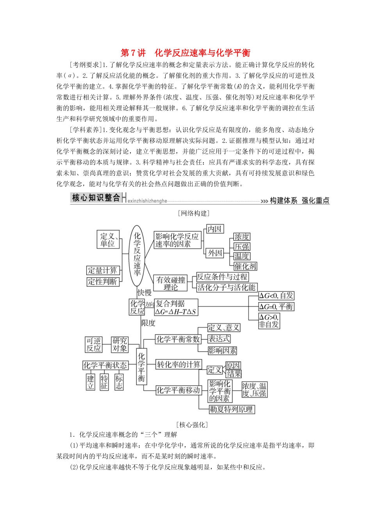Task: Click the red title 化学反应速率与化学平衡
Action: (202, 53)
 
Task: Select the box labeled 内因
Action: (214, 229)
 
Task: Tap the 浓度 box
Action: (242, 237)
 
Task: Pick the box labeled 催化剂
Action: (245, 266)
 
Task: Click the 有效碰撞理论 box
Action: (171, 283)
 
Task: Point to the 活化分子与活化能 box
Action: (226, 287)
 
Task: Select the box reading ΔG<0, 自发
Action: (276, 296)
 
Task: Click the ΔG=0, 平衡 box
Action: (276, 306)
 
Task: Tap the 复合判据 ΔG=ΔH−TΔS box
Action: (176, 307)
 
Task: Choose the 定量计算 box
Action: (102, 270)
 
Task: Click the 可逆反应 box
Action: (94, 345)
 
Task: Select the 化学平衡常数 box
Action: (178, 339)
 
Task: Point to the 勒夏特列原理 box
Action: (232, 409)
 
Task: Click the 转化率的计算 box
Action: (178, 365)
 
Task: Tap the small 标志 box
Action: (119, 382)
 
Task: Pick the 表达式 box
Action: (219, 339)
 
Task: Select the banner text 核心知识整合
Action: (96, 198)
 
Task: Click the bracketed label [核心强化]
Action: (192, 425)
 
